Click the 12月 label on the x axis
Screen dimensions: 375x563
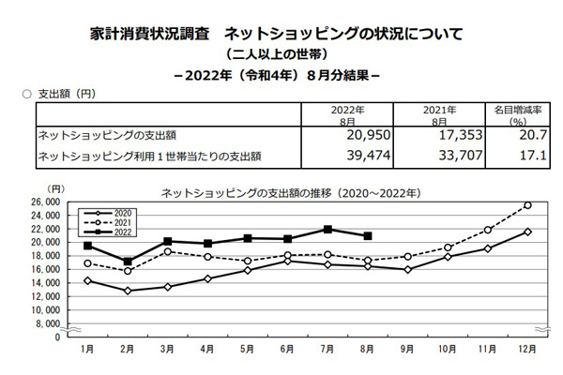pyautogui.click(x=527, y=349)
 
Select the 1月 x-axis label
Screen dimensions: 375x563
pyautogui.click(x=87, y=349)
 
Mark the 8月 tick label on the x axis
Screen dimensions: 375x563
pyautogui.click(x=368, y=349)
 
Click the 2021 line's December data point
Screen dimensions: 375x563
pyautogui.click(x=527, y=205)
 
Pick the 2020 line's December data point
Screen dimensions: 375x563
pyautogui.click(x=527, y=232)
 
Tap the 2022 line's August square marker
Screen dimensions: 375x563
pyautogui.click(x=368, y=236)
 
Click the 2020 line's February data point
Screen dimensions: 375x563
pyautogui.click(x=128, y=291)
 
